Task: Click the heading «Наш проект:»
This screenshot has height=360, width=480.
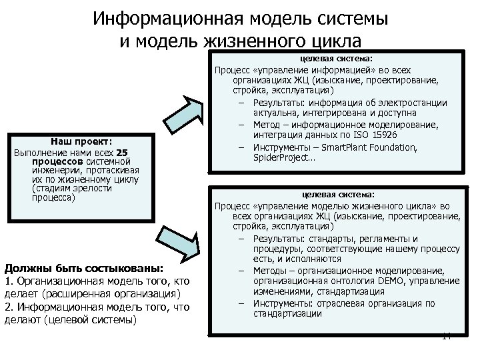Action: pyautogui.click(x=84, y=141)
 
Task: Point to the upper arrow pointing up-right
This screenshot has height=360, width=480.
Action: pyautogui.click(x=191, y=108)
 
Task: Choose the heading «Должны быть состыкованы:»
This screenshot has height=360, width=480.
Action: pyautogui.click(x=83, y=269)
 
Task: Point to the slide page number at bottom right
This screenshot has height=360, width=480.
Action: pyautogui.click(x=447, y=337)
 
